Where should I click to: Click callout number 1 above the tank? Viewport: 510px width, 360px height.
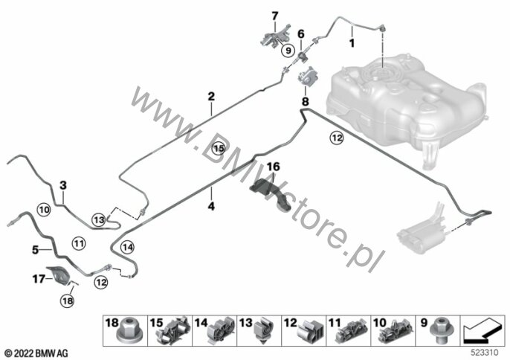[x=352, y=32]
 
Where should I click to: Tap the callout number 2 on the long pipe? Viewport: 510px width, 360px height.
[x=211, y=97]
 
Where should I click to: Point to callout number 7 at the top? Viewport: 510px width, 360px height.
[x=274, y=16]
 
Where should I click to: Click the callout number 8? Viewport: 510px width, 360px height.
[x=304, y=99]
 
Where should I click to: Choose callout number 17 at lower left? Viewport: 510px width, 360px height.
[x=39, y=280]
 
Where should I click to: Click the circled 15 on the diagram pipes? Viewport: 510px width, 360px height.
[x=218, y=148]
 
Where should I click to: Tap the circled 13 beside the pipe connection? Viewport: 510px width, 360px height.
[x=99, y=219]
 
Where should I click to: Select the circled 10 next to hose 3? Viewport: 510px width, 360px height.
[x=44, y=210]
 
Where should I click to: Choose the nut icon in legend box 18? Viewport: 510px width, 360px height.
[x=119, y=330]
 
